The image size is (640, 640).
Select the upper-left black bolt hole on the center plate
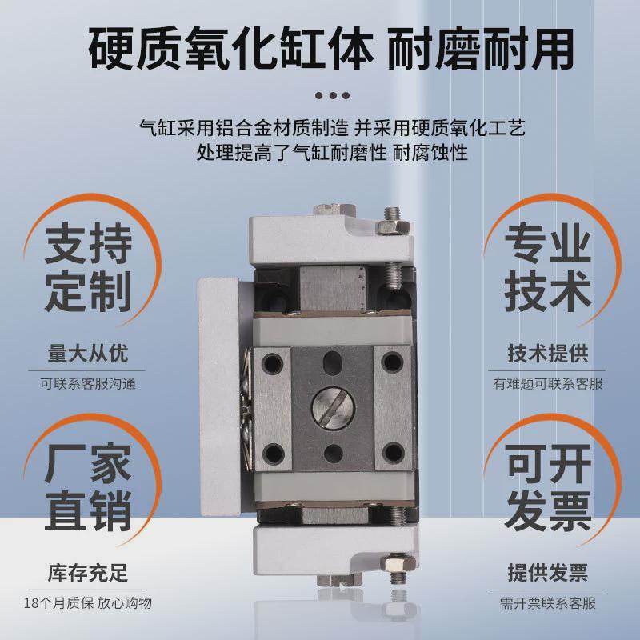tap(274, 363)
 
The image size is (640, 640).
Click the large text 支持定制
tap(88, 267)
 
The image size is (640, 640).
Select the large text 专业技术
tap(548, 267)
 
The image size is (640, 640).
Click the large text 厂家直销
tap(88, 489)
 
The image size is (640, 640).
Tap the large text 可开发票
tap(548, 489)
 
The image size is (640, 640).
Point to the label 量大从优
tap(88, 353)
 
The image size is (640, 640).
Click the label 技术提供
tap(548, 353)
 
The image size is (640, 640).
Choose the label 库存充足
tap(88, 573)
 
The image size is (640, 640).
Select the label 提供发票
tap(548, 573)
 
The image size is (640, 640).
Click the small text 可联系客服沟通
tap(88, 383)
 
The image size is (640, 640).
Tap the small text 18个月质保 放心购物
tap(88, 603)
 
